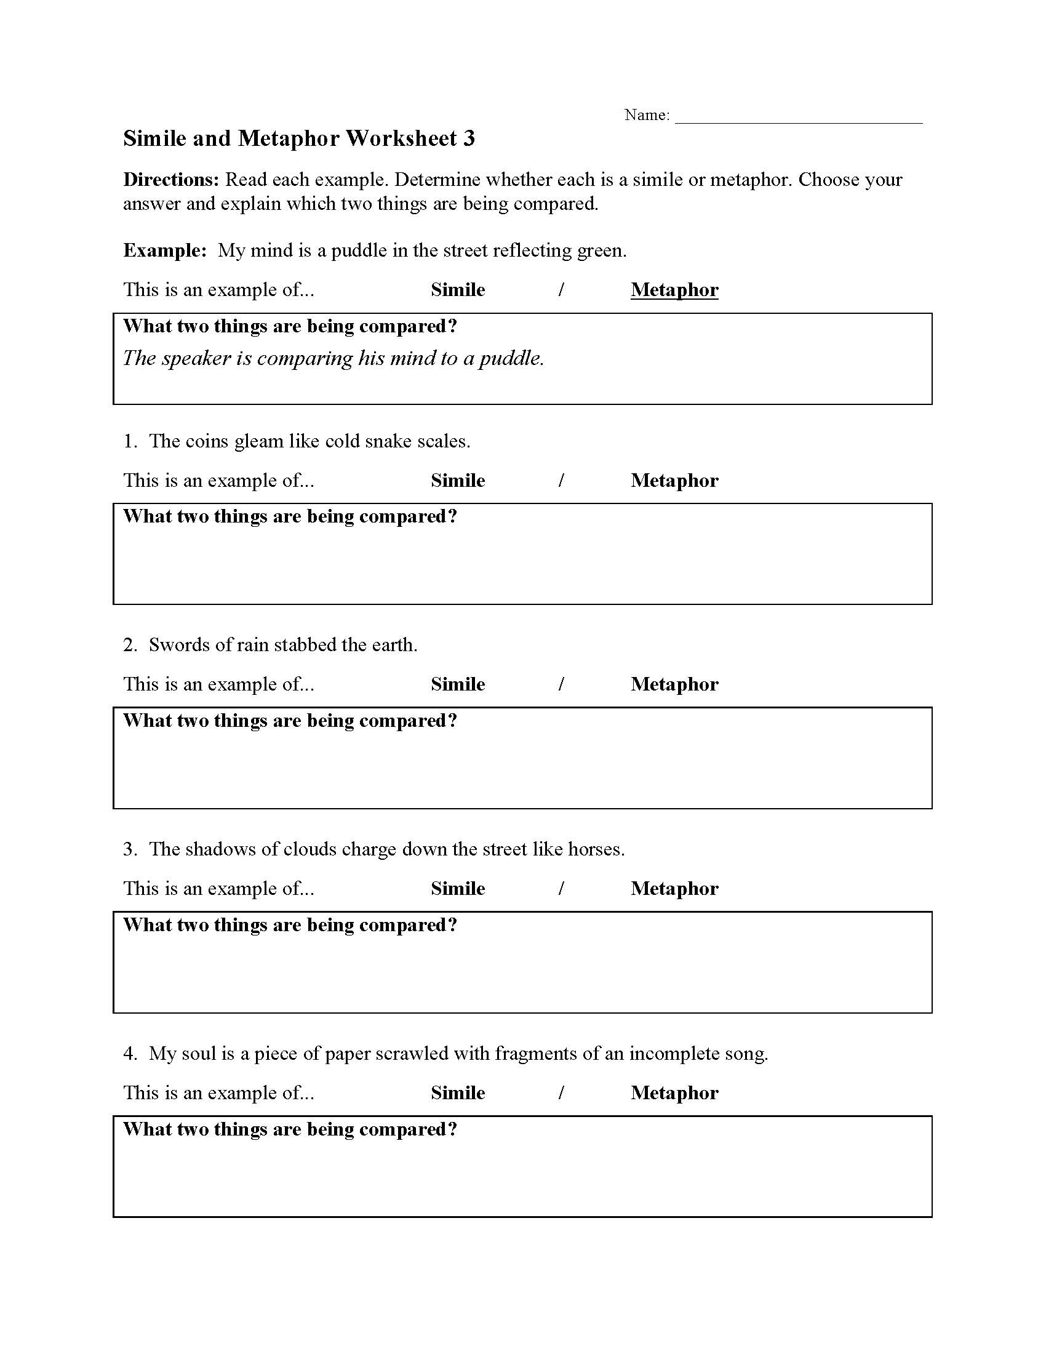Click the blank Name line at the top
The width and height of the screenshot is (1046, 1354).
click(798, 118)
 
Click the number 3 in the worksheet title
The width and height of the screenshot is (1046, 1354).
click(469, 138)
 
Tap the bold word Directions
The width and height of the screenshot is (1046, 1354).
click(171, 180)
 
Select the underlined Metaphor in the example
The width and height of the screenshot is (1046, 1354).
click(674, 289)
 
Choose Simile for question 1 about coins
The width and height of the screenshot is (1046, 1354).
click(458, 481)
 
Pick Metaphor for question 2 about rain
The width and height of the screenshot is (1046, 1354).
click(674, 684)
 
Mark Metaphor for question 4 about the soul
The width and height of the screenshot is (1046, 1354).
click(674, 1093)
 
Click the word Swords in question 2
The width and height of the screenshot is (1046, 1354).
click(179, 646)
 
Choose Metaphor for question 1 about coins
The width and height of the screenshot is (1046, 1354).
click(674, 481)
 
